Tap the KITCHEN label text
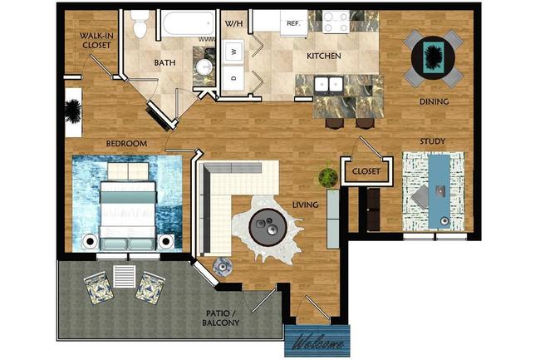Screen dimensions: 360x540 click(x=324, y=57)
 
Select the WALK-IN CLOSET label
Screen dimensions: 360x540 click(x=96, y=42)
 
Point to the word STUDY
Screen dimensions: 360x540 click(x=432, y=141)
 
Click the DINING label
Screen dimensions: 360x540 click(x=434, y=102)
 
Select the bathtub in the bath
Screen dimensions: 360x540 click(x=183, y=24)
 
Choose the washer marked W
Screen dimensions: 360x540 click(x=235, y=52)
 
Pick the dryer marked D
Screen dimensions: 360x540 click(x=235, y=78)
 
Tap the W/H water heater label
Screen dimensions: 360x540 click(x=234, y=23)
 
